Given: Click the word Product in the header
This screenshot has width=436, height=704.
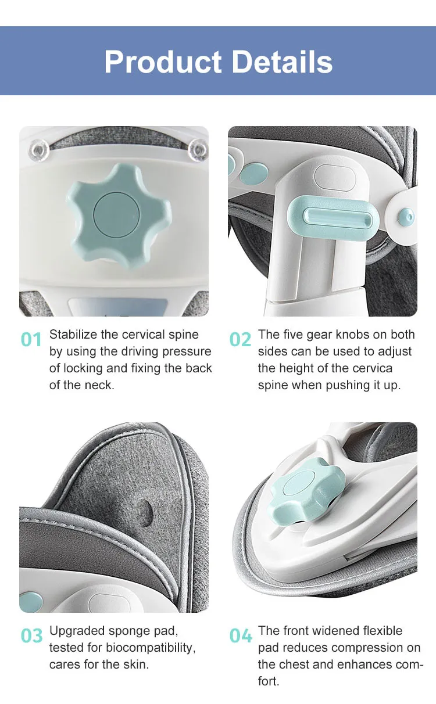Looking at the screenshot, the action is point(163,62).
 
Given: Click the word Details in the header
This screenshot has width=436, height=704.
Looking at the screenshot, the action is point(282,62).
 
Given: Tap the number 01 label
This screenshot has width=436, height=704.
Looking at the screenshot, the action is point(31,340).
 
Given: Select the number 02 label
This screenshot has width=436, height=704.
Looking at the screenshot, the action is point(240,339).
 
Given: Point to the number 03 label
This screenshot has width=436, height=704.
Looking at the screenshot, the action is point(31,635).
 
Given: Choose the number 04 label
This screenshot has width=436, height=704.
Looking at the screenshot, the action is point(241,635).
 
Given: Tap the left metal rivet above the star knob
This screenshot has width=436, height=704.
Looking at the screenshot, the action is point(39,150).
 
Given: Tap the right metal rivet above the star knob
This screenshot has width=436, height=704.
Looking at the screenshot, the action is point(198,150).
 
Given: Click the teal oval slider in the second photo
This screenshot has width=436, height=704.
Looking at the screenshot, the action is point(332,218).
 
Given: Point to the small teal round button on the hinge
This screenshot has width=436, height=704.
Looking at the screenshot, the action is point(406,217).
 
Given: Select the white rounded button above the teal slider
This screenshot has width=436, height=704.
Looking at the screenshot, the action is point(335,178).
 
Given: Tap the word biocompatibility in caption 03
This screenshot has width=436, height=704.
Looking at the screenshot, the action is point(151,648).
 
